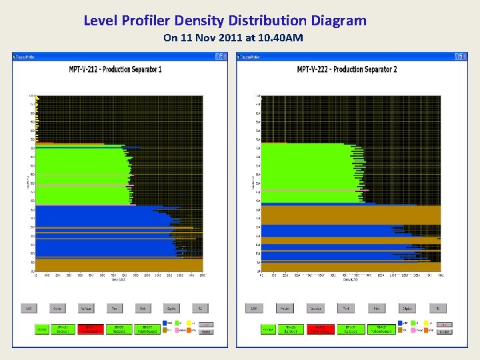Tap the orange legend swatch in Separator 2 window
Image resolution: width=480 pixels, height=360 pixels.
pos(425,330)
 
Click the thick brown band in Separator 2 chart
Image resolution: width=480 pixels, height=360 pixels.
pos(350,215)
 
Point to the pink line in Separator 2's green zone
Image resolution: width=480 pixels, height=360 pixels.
pos(307,191)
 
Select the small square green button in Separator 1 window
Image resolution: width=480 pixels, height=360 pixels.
pos(41,329)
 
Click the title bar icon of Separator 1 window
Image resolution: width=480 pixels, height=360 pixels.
pos(15,56)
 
